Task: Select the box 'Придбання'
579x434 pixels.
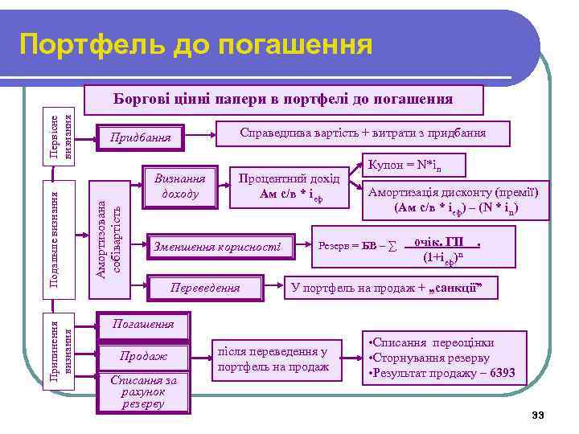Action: click(x=141, y=137)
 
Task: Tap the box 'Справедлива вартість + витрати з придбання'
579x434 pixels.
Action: click(x=363, y=133)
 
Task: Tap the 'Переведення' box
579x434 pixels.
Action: click(x=207, y=287)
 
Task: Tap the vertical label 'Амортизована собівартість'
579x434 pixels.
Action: click(x=109, y=229)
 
